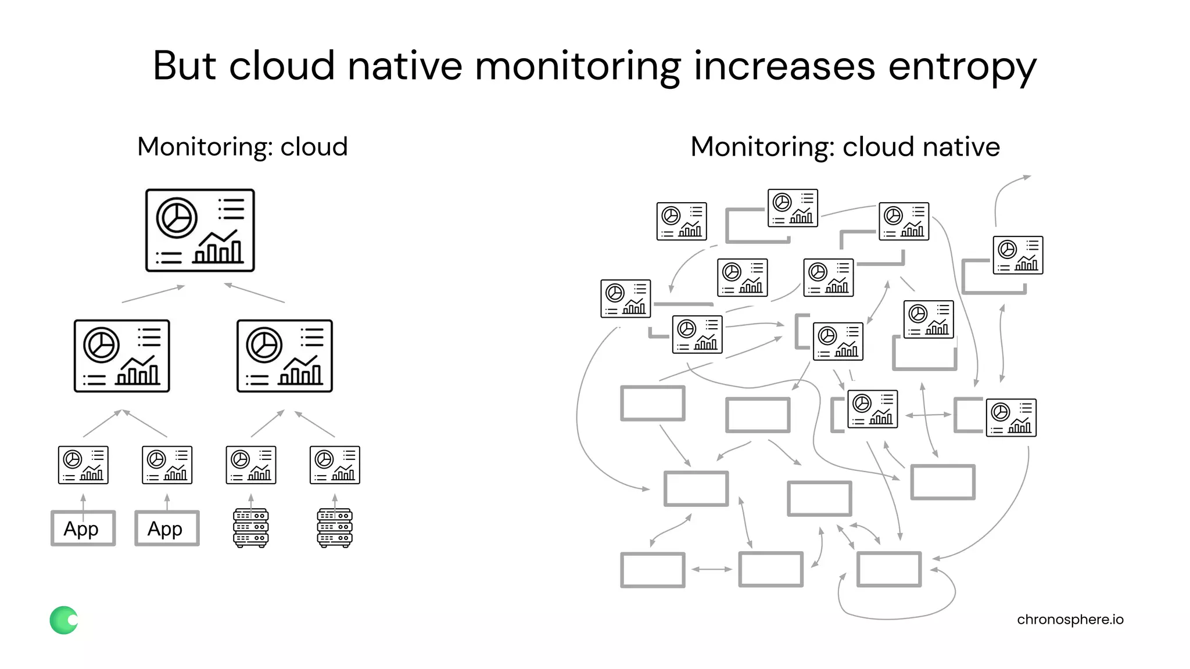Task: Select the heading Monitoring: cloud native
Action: pyautogui.click(x=845, y=147)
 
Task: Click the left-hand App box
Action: pyautogui.click(x=83, y=528)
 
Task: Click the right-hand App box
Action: pyautogui.click(x=167, y=528)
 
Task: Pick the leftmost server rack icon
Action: pyautogui.click(x=250, y=528)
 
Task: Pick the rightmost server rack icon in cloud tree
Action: pyautogui.click(x=335, y=528)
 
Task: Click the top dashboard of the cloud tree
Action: pyautogui.click(x=200, y=230)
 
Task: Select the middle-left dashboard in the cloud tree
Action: pyautogui.click(x=122, y=356)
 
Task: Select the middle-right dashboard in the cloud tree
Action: pyautogui.click(x=285, y=356)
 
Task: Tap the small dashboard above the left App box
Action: pyautogui.click(x=83, y=465)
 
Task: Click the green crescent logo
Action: pyautogui.click(x=63, y=620)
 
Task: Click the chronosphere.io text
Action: pyautogui.click(x=1070, y=620)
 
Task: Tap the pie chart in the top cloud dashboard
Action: pyautogui.click(x=177, y=218)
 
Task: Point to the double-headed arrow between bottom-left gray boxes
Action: pyautogui.click(x=712, y=569)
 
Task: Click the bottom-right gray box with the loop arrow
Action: pyautogui.click(x=889, y=569)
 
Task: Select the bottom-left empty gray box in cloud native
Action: pyautogui.click(x=653, y=570)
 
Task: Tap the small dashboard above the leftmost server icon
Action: pyautogui.click(x=250, y=465)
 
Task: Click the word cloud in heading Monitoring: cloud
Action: pyautogui.click(x=314, y=147)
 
